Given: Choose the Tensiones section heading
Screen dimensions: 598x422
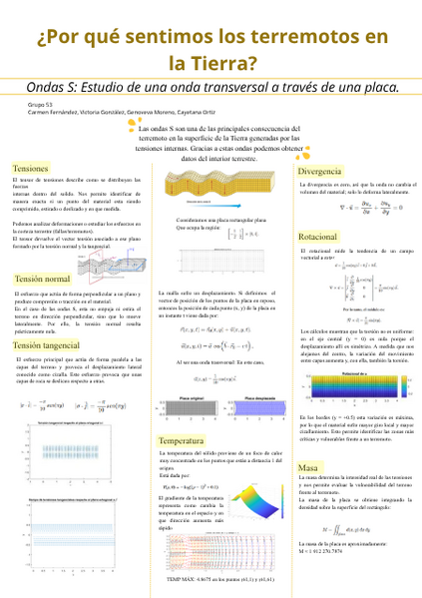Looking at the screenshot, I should [x=32, y=169].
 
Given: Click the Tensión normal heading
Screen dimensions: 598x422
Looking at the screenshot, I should [x=43, y=279].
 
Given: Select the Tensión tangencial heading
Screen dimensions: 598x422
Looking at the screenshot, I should [x=49, y=344].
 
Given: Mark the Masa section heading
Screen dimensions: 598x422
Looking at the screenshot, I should [x=308, y=467].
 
